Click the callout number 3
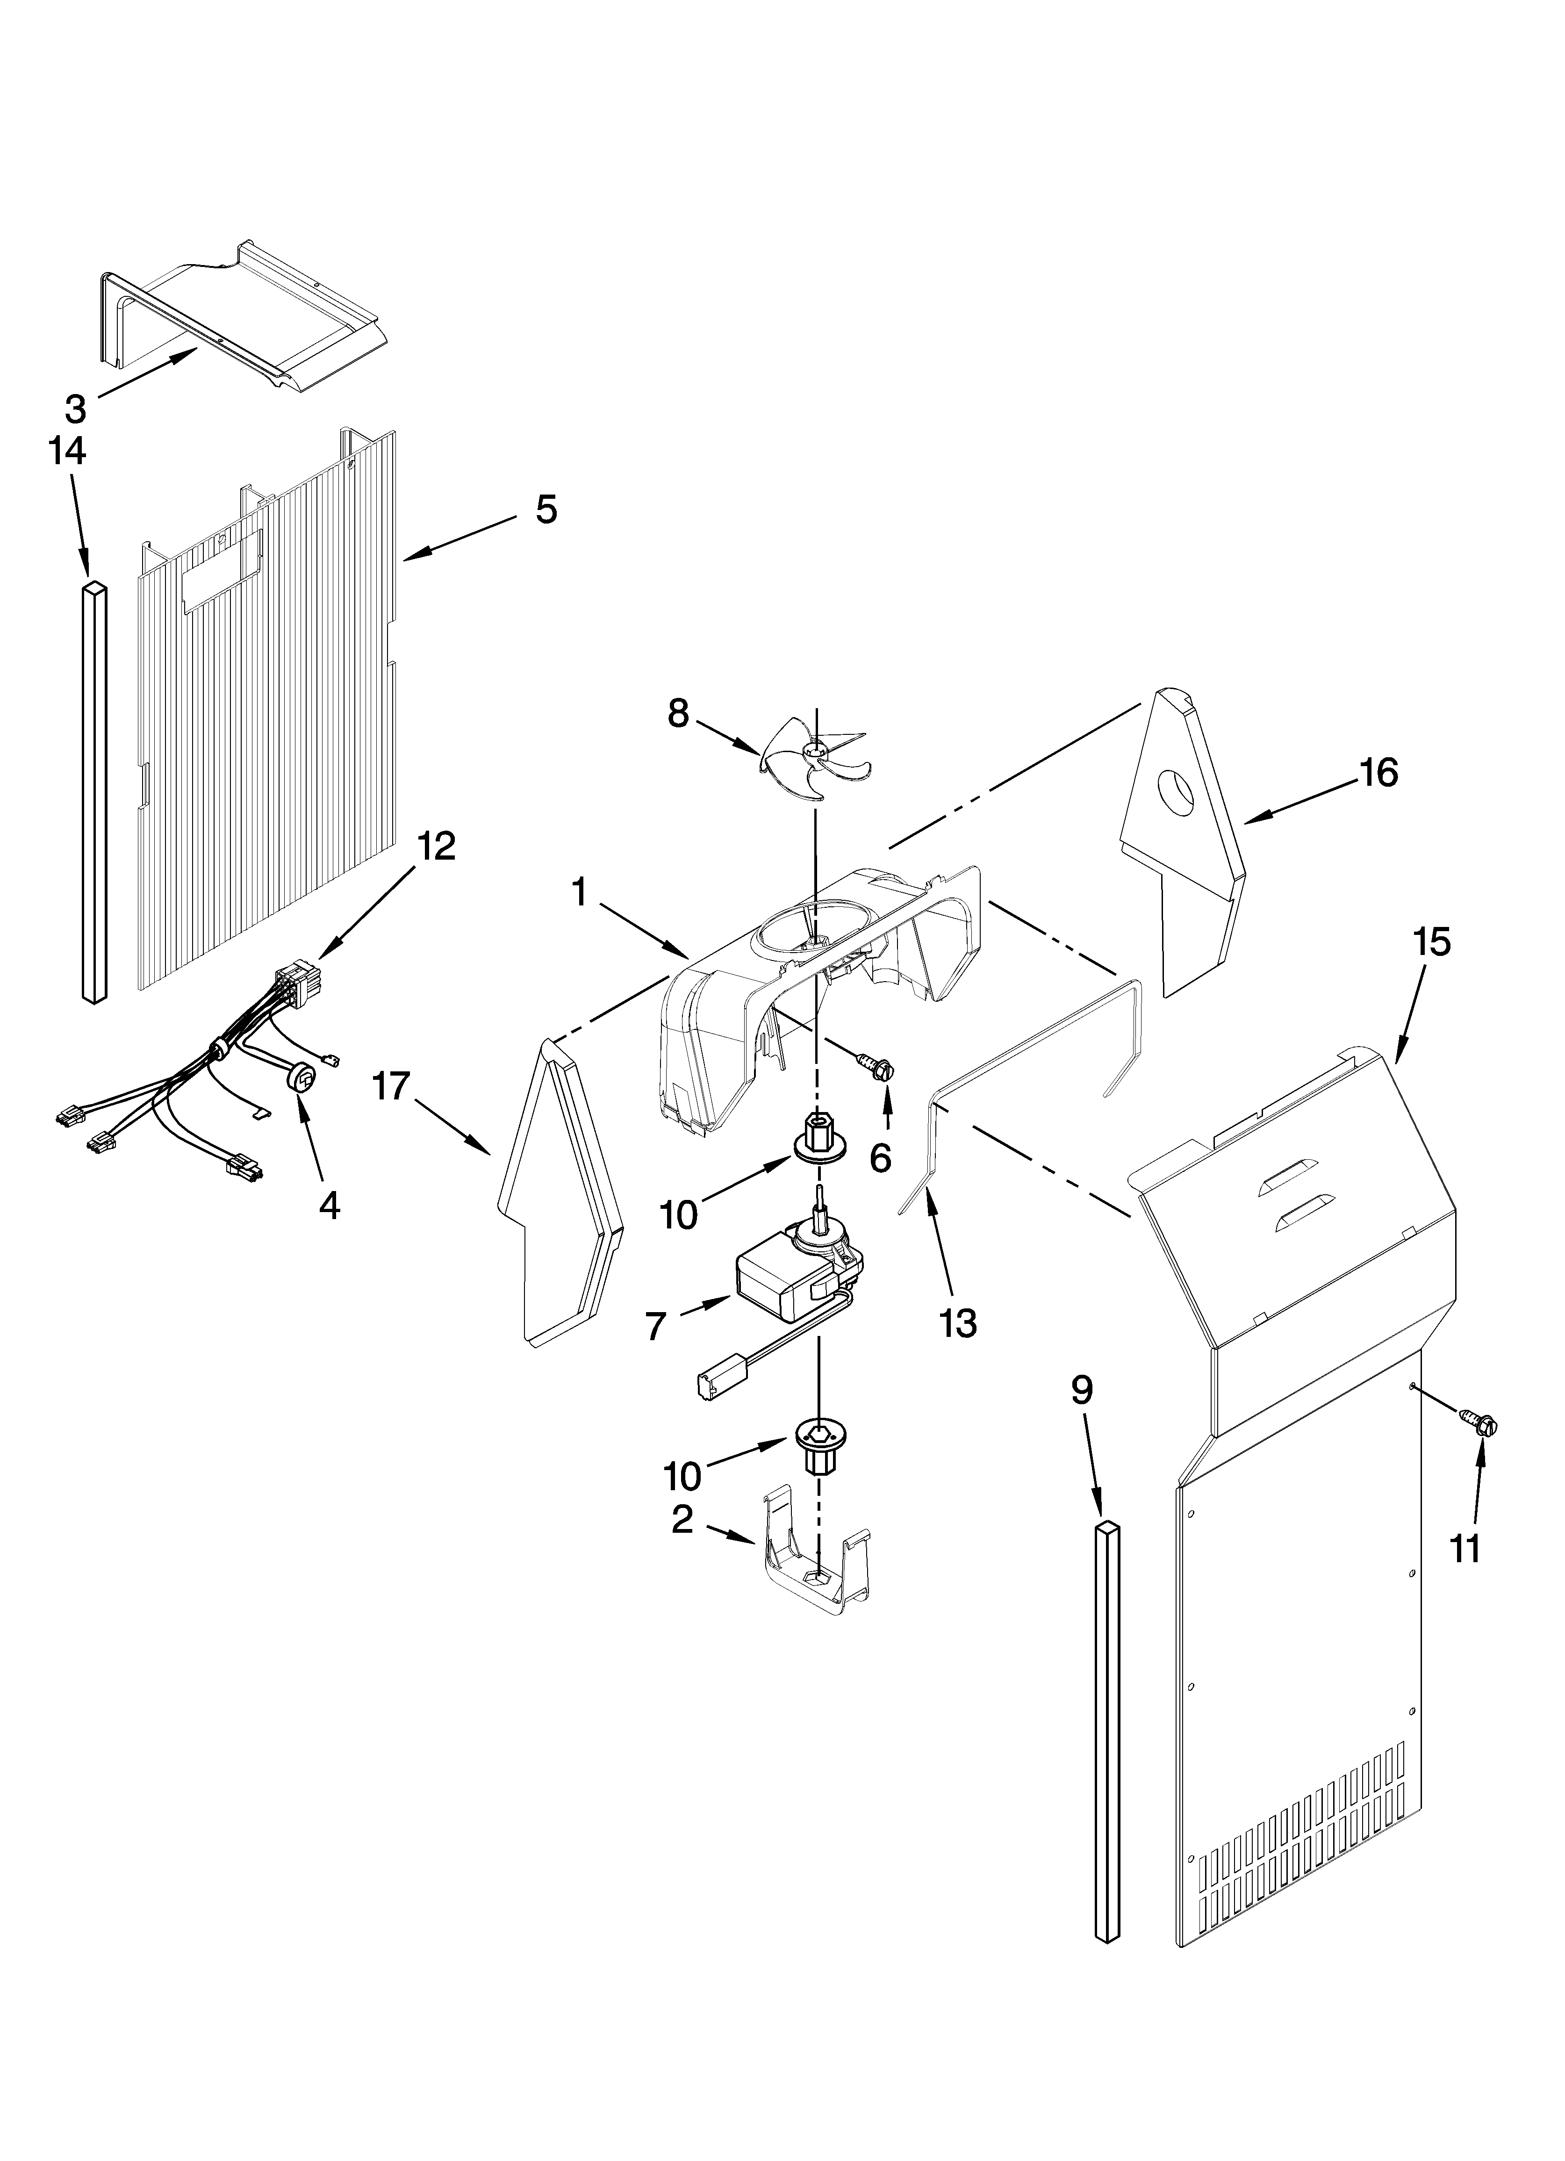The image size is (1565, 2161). (75, 409)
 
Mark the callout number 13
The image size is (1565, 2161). (958, 1322)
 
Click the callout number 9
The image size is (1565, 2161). (1081, 1390)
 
